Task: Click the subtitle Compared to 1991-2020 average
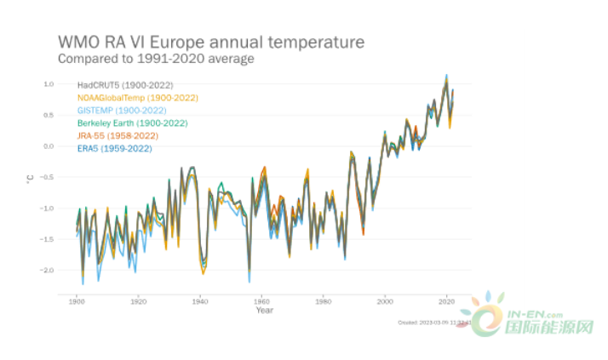(x=155, y=59)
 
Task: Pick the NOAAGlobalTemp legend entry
(x=138, y=98)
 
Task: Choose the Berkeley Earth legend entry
(x=132, y=123)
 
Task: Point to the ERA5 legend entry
(x=114, y=149)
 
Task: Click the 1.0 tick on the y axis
(x=49, y=84)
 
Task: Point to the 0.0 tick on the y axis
(x=49, y=146)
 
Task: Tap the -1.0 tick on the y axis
(x=47, y=208)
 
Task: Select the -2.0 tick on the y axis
(x=47, y=270)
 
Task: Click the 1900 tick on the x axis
(x=77, y=301)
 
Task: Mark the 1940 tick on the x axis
(x=200, y=301)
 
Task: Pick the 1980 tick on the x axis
(x=324, y=301)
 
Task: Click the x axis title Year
(x=264, y=310)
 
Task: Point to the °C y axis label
(x=31, y=178)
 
